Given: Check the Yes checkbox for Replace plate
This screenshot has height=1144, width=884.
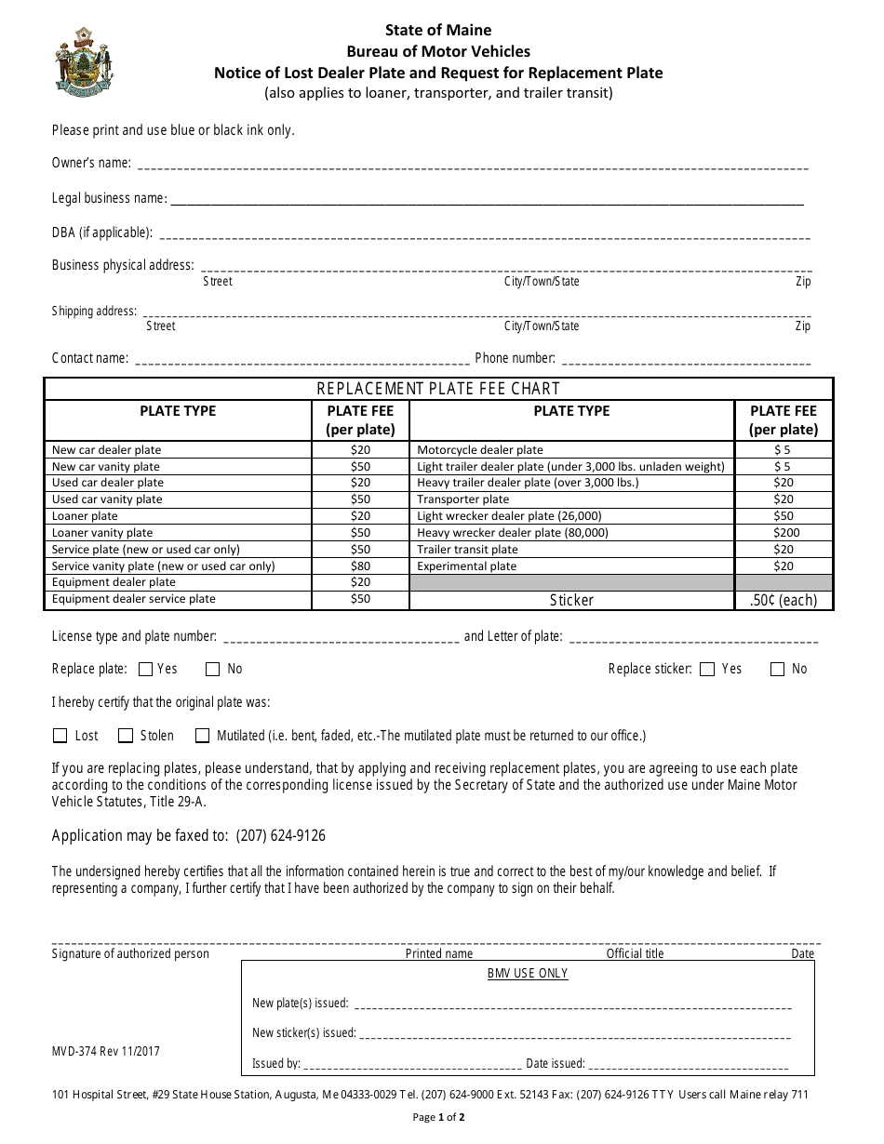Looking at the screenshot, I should (145, 669).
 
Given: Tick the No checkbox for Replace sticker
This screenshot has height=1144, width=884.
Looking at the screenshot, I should (777, 669).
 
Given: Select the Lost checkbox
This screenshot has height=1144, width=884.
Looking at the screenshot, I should (60, 736).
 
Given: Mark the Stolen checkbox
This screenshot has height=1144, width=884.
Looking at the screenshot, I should (126, 736).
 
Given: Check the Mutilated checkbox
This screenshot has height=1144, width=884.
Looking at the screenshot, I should (202, 736).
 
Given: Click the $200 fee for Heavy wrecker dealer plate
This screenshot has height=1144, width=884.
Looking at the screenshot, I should (783, 533).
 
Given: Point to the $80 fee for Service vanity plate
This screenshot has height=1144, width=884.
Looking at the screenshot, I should (359, 566).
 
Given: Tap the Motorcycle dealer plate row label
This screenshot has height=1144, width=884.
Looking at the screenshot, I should (480, 450).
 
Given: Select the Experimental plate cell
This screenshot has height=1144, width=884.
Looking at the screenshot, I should (467, 566).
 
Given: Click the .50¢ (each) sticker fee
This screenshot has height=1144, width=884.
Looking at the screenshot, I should (783, 600).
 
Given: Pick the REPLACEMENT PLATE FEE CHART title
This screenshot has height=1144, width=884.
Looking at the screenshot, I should (438, 389).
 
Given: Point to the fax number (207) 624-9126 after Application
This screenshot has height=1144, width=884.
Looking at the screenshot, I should (280, 835).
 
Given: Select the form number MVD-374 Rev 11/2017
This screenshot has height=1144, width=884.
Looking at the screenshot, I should (106, 1051).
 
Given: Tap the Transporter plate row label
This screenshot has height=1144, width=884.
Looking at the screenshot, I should (463, 499).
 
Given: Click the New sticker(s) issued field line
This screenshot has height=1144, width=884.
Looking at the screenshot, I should (574, 1034).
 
